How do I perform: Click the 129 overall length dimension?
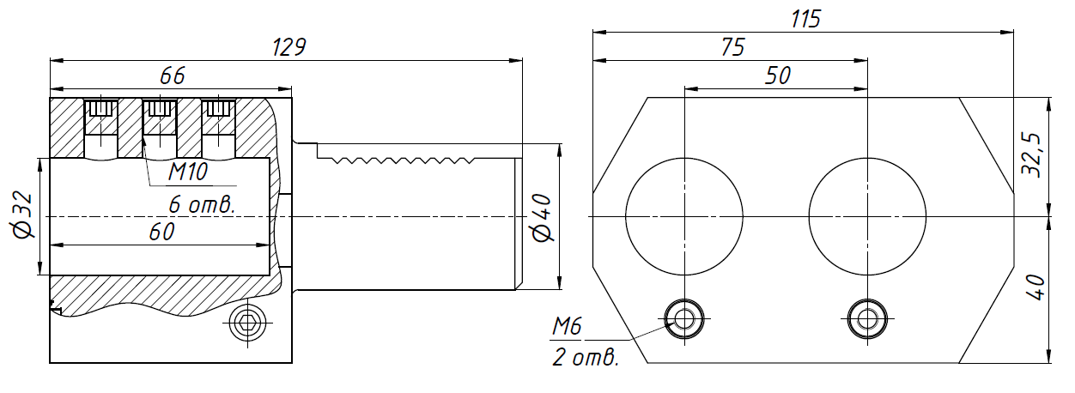288,47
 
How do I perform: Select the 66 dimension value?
173,76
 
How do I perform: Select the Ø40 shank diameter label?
541,219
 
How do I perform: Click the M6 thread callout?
567,326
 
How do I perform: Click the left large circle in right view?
684,215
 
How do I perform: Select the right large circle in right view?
867,215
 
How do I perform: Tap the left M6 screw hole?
684,318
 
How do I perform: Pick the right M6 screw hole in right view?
867,318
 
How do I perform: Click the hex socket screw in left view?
248,323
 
